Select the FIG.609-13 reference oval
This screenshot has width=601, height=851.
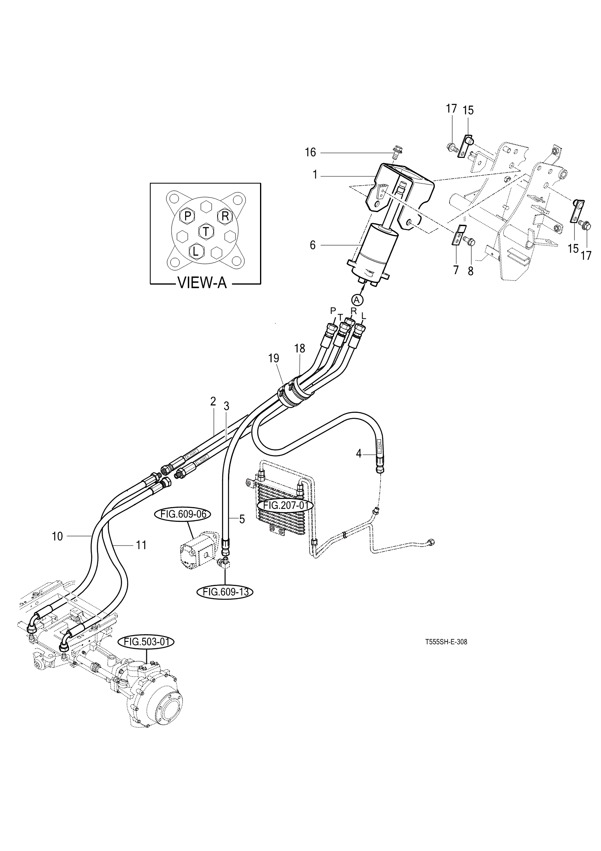pyautogui.click(x=225, y=591)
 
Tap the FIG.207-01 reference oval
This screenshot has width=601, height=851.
pyautogui.click(x=286, y=505)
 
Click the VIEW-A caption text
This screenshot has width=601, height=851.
pyautogui.click(x=202, y=283)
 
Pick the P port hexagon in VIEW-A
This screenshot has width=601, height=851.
pyautogui.click(x=187, y=216)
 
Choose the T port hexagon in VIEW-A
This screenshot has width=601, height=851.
pyautogui.click(x=206, y=231)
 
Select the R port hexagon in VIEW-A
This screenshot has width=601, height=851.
pyautogui.click(x=225, y=216)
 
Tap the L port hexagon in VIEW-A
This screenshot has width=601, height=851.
pyautogui.click(x=196, y=252)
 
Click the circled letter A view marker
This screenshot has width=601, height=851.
pyautogui.click(x=357, y=299)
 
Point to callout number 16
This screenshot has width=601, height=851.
pyautogui.click(x=310, y=152)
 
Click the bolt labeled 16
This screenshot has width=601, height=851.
pyautogui.click(x=398, y=152)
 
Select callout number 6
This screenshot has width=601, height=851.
pyautogui.click(x=313, y=245)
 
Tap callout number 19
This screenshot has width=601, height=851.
pyautogui.click(x=274, y=358)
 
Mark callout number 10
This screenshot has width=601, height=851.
pyautogui.click(x=58, y=536)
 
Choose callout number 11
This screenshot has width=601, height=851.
pyautogui.click(x=141, y=545)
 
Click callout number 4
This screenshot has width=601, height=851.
pyautogui.click(x=359, y=454)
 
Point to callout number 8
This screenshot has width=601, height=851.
pyautogui.click(x=470, y=271)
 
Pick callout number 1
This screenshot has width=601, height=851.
pyautogui.click(x=315, y=175)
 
